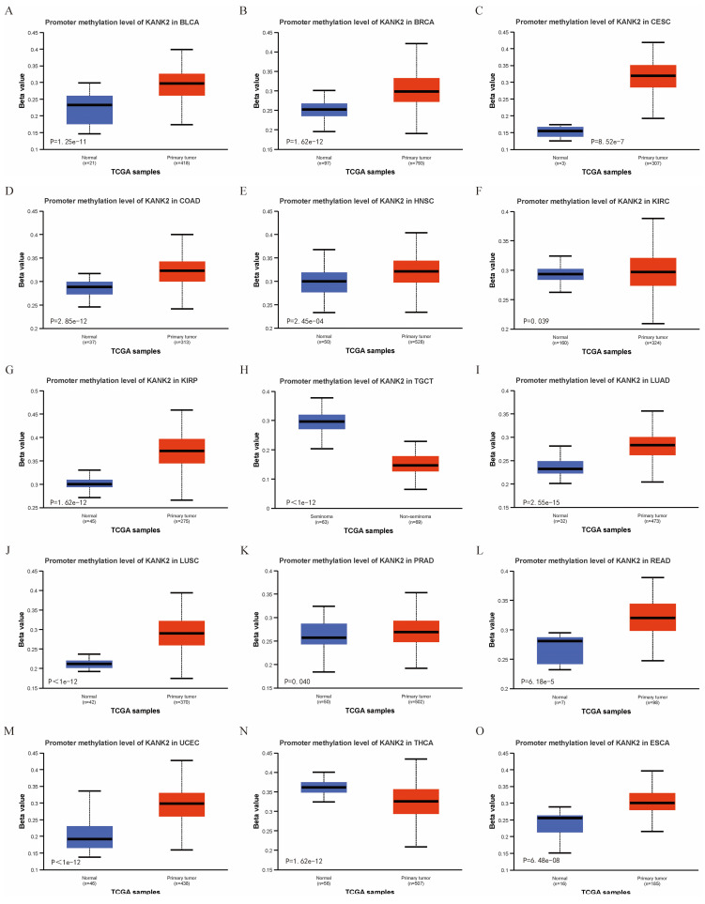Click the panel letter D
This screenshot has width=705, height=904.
tap(8, 189)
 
